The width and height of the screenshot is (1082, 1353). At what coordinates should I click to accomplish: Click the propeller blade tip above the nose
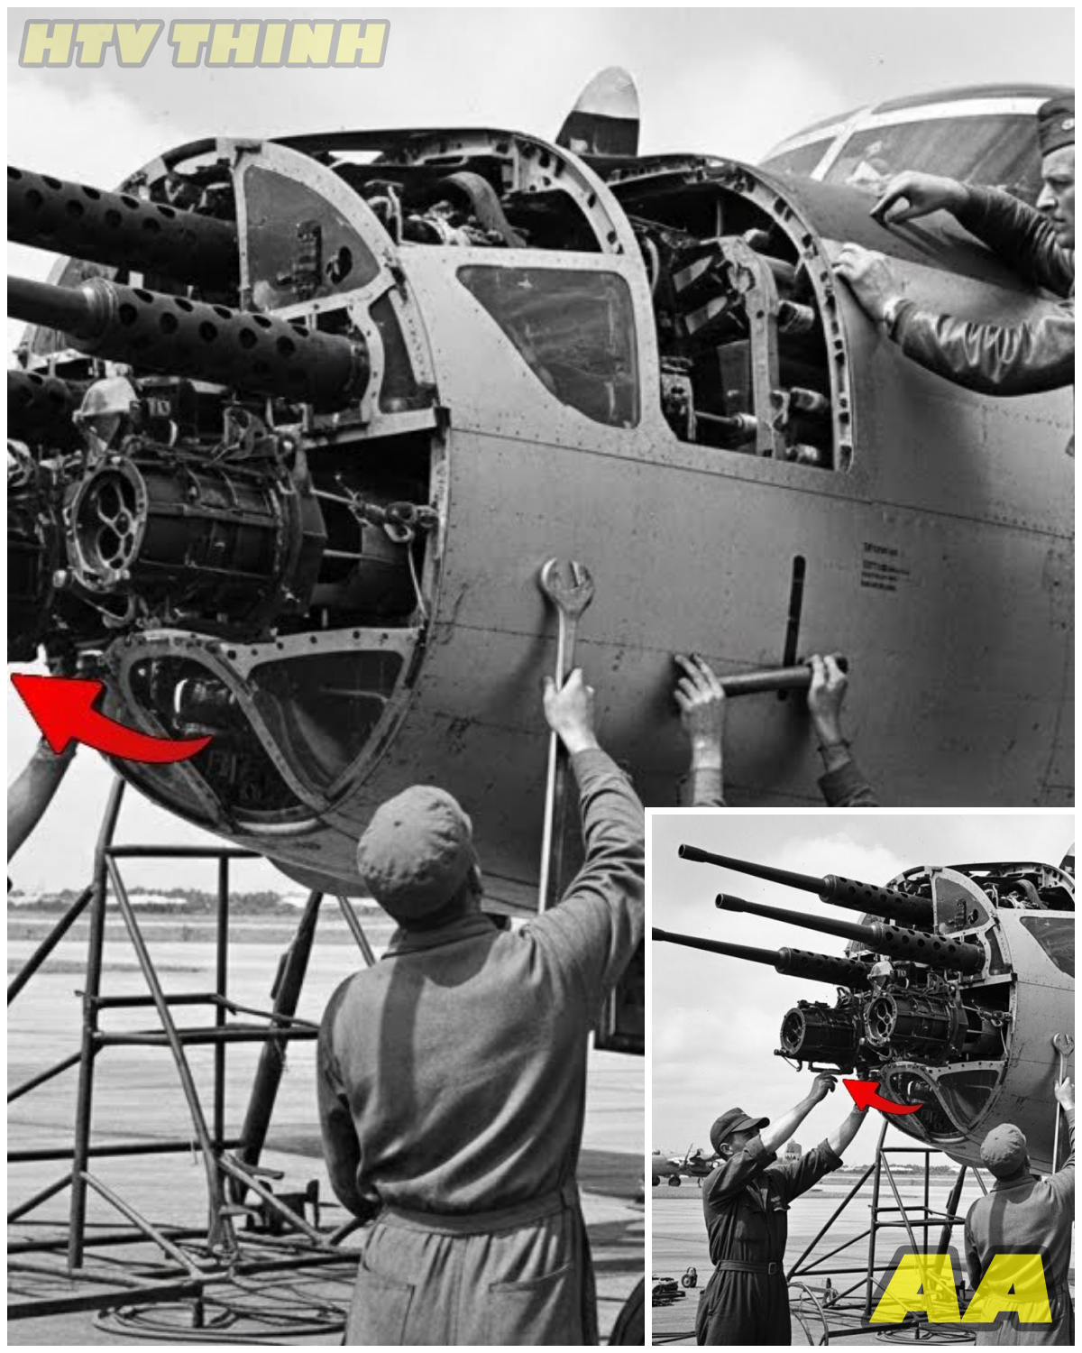604,99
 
